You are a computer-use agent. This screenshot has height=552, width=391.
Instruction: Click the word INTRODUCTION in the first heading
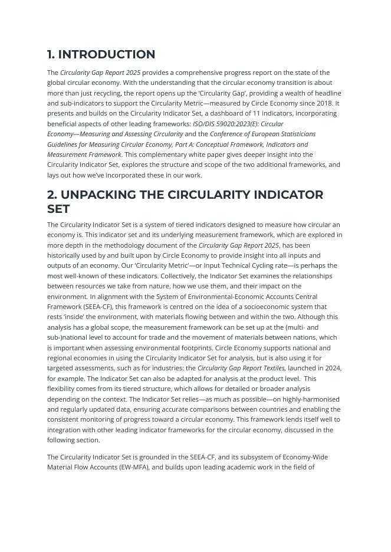[x=106, y=55]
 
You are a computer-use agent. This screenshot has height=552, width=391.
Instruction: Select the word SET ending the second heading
[x=59, y=209]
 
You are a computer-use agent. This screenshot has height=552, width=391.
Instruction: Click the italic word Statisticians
[x=294, y=134]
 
